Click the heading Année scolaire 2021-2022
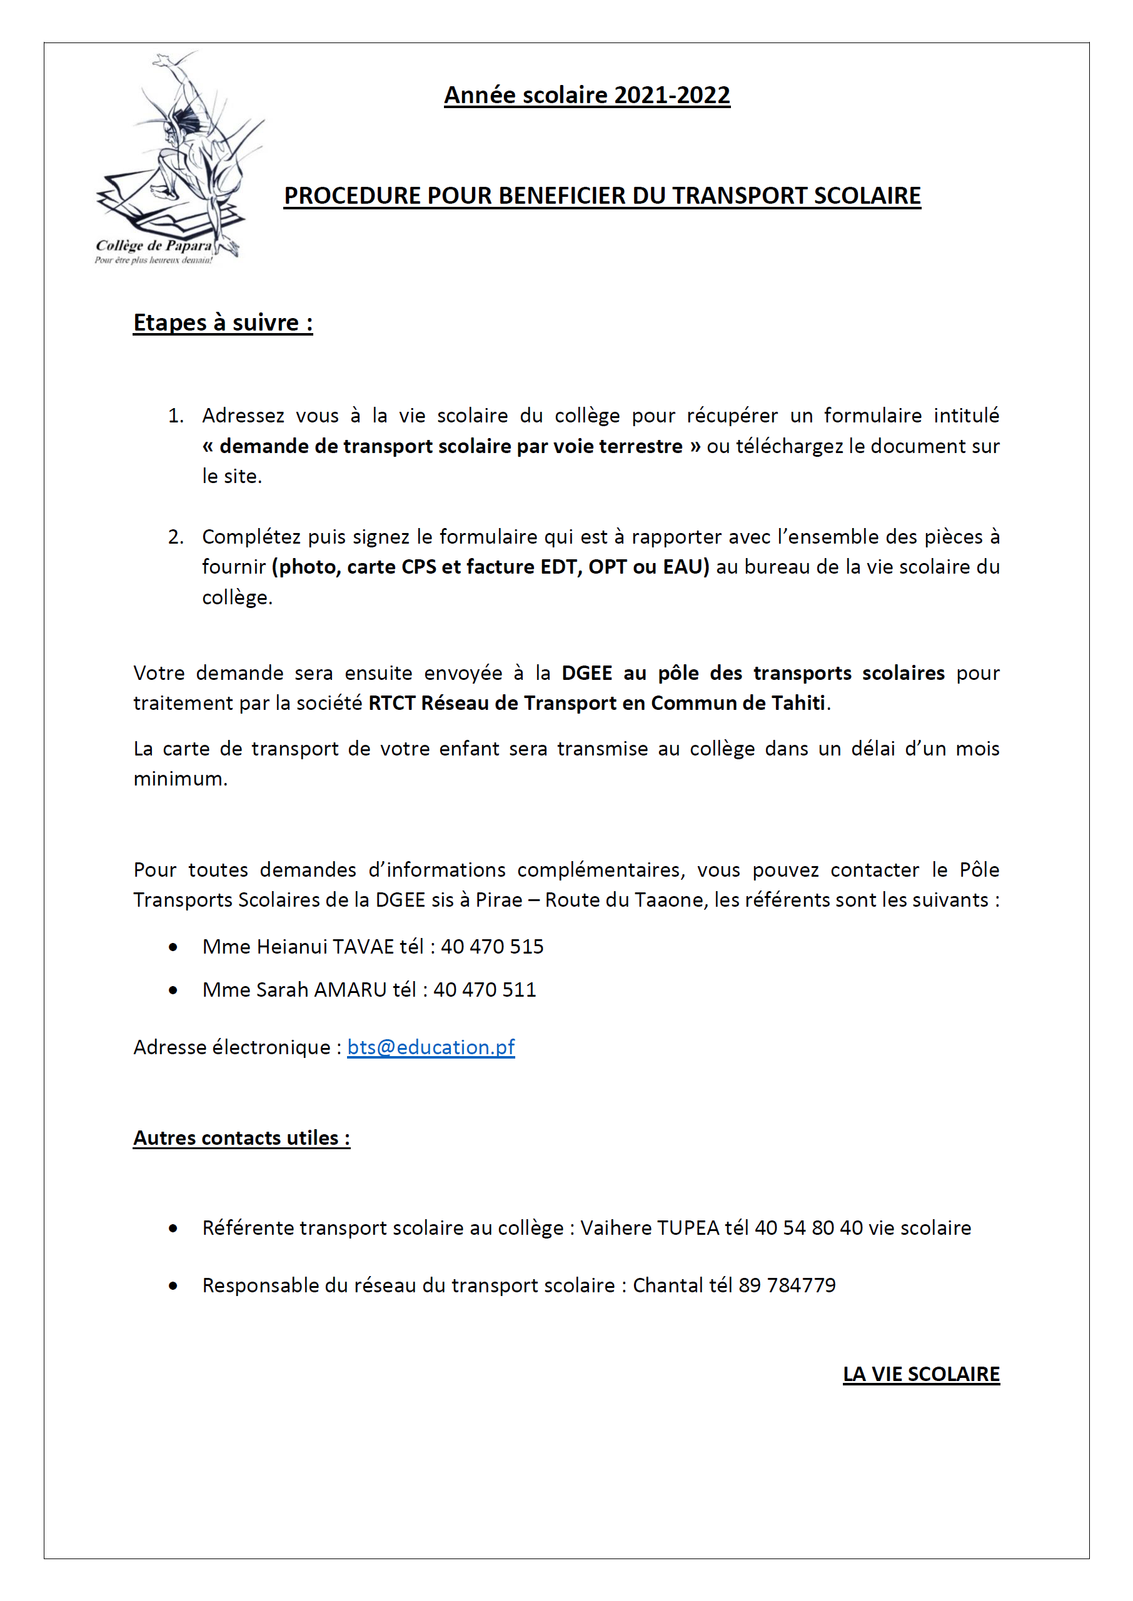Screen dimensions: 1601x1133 coord(587,95)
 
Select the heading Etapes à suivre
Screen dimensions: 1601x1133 coord(223,323)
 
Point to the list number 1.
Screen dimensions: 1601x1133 coord(175,416)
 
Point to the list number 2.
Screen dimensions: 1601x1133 coord(175,537)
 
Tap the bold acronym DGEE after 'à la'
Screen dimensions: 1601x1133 coord(587,673)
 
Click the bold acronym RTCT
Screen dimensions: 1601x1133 coord(391,703)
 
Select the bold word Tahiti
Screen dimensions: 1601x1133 coord(797,703)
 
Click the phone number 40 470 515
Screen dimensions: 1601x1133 coord(492,946)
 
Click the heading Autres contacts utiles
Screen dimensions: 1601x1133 coord(241,1138)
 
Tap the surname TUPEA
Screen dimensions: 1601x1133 coord(688,1228)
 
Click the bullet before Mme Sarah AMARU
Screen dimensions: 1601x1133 coord(173,990)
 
